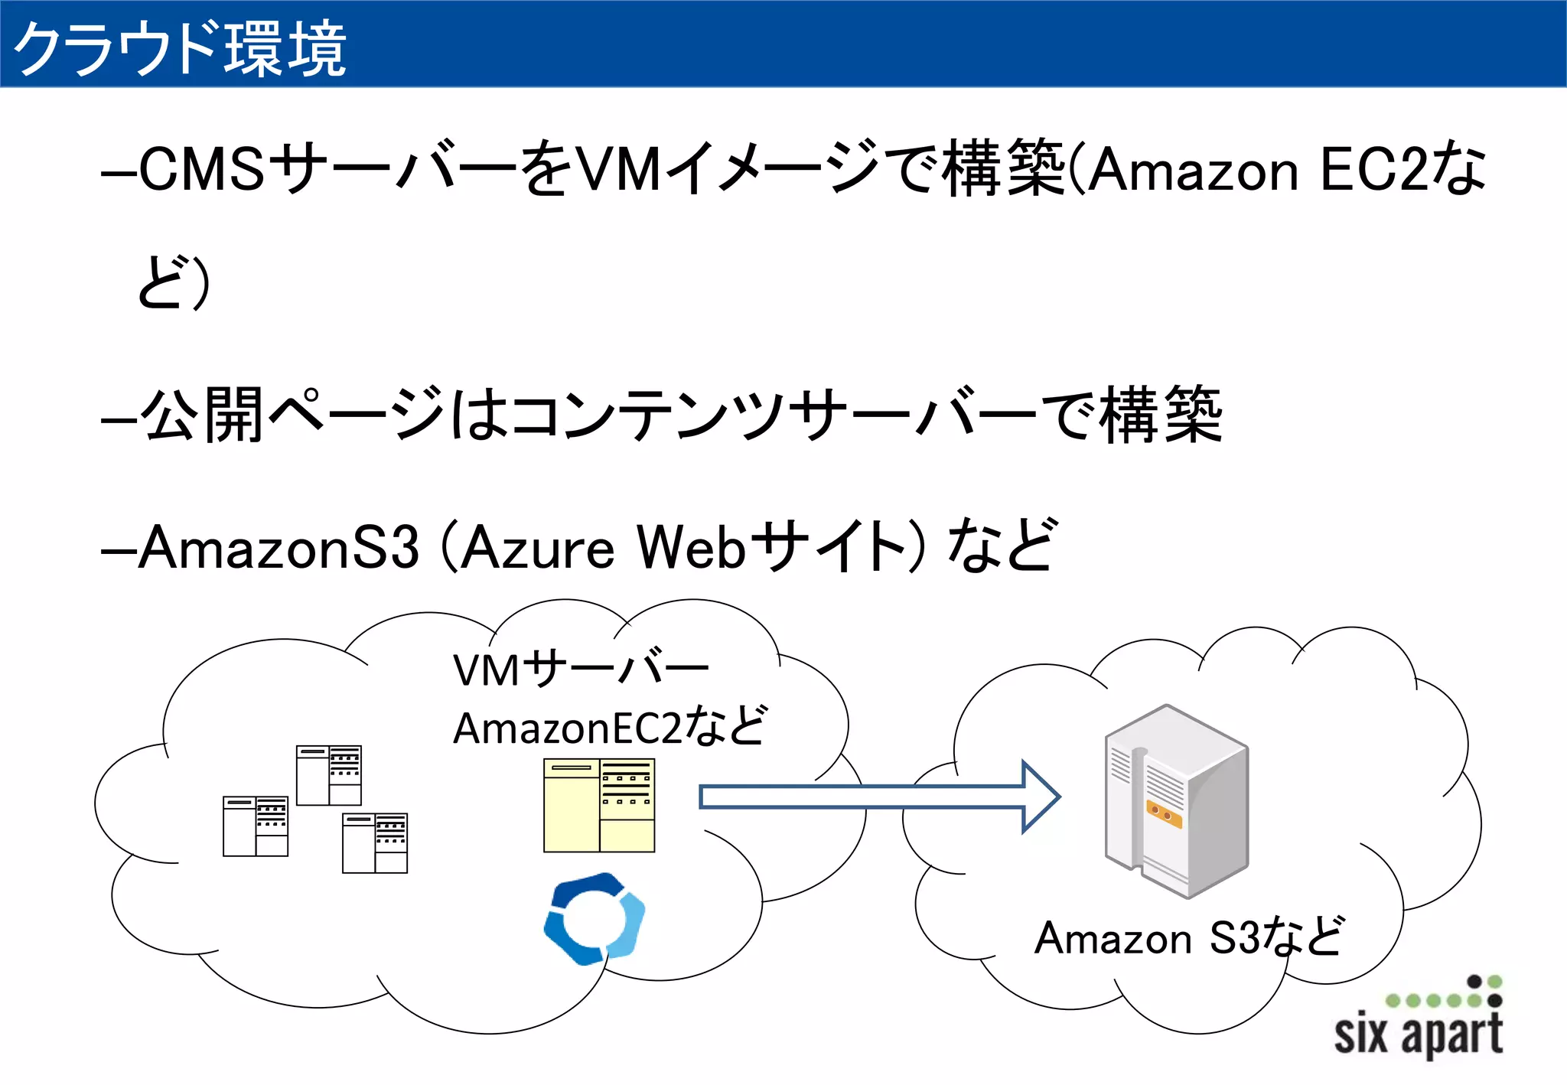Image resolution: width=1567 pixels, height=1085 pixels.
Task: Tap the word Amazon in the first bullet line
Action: coord(1194,170)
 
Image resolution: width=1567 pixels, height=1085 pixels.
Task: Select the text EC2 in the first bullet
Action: coord(1374,169)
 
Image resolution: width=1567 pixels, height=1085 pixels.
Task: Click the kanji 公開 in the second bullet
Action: coord(203,415)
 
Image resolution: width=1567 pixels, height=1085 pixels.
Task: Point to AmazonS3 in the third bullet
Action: coord(279,548)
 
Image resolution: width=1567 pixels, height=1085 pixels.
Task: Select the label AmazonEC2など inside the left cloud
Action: coord(609,728)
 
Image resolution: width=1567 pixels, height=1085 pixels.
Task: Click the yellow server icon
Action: coord(599,805)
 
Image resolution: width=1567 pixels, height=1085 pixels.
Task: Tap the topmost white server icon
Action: coord(329,775)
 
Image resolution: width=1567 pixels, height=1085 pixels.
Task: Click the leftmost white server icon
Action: coord(256,826)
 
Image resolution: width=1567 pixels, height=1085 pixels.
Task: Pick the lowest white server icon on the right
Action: coord(375,843)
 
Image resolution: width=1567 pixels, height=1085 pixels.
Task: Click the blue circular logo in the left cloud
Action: coord(594,919)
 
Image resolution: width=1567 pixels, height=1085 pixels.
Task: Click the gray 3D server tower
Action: coord(1177,800)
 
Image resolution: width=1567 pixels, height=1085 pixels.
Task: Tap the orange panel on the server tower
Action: coord(1164,814)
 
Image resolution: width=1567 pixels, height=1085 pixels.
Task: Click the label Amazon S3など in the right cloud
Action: coord(1187,937)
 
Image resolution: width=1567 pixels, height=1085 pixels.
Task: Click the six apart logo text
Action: coord(1418,1034)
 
